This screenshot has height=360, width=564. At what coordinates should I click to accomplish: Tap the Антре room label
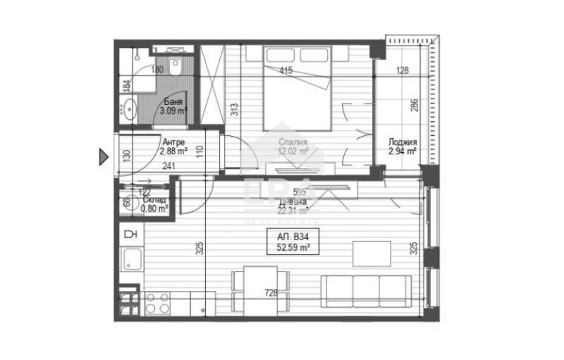point(173,142)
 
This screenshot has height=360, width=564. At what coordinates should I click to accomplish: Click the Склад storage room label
point(154,199)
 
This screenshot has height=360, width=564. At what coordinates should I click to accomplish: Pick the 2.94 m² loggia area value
point(402,151)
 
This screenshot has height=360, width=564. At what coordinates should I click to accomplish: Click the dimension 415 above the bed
point(286,70)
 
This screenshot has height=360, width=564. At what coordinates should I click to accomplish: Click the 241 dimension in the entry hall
point(170,167)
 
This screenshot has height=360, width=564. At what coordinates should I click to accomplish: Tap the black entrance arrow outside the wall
point(103,156)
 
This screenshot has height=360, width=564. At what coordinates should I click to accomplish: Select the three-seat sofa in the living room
point(366,290)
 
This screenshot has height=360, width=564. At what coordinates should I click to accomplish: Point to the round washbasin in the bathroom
point(129,109)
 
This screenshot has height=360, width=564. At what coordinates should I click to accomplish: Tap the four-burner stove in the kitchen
point(156,302)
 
